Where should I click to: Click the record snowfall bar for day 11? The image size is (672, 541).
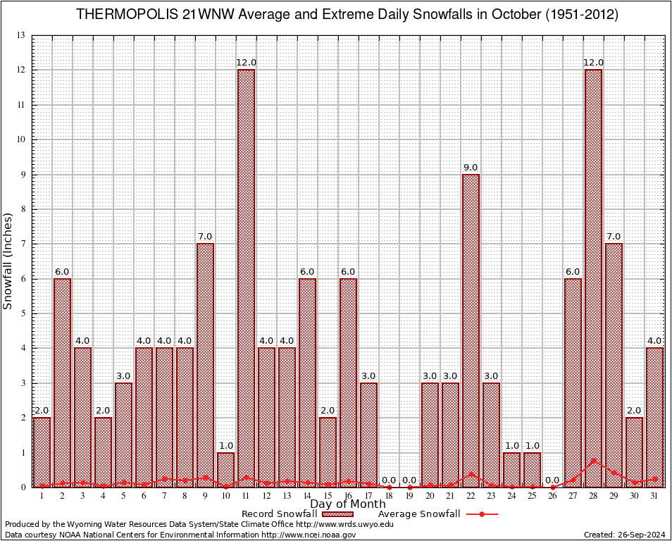(246, 278)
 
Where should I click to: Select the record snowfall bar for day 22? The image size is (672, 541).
(471, 330)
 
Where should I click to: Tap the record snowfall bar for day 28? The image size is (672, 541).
(593, 278)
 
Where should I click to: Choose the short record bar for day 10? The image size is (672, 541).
(225, 469)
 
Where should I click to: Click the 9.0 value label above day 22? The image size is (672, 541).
(471, 168)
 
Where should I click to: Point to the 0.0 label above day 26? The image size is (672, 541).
(552, 480)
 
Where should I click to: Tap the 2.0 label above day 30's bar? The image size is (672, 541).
(634, 411)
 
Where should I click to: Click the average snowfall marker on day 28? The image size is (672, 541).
(593, 461)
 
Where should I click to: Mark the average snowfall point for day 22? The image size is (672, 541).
(471, 475)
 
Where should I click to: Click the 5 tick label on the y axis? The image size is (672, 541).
(23, 313)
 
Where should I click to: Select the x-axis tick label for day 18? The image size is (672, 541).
(389, 496)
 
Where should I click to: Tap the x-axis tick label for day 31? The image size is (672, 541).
(654, 496)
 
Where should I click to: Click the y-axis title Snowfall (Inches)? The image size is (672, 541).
(8, 261)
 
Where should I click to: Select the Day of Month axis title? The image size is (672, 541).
(347, 504)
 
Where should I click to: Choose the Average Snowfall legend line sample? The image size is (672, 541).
(482, 514)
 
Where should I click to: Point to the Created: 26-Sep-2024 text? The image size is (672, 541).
(624, 535)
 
